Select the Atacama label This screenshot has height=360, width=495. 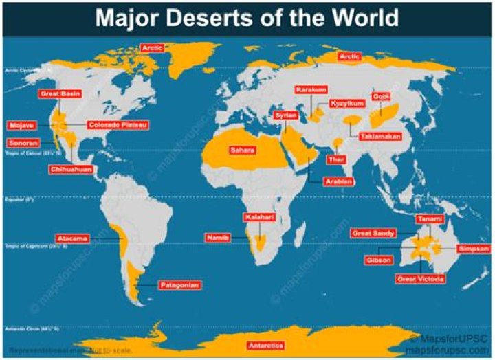pos(72,238)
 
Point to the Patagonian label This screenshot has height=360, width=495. pos(180,284)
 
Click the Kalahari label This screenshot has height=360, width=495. pos(259,217)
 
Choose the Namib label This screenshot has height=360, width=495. pos(218,238)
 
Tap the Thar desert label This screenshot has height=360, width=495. pos(336,159)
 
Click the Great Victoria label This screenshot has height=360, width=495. pos(420,279)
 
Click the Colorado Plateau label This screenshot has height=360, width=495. pos(117,126)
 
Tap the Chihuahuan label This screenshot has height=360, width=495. pos(71,169)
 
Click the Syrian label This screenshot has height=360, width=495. pos(285,115)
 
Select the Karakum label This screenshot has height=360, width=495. pos(311,90)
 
